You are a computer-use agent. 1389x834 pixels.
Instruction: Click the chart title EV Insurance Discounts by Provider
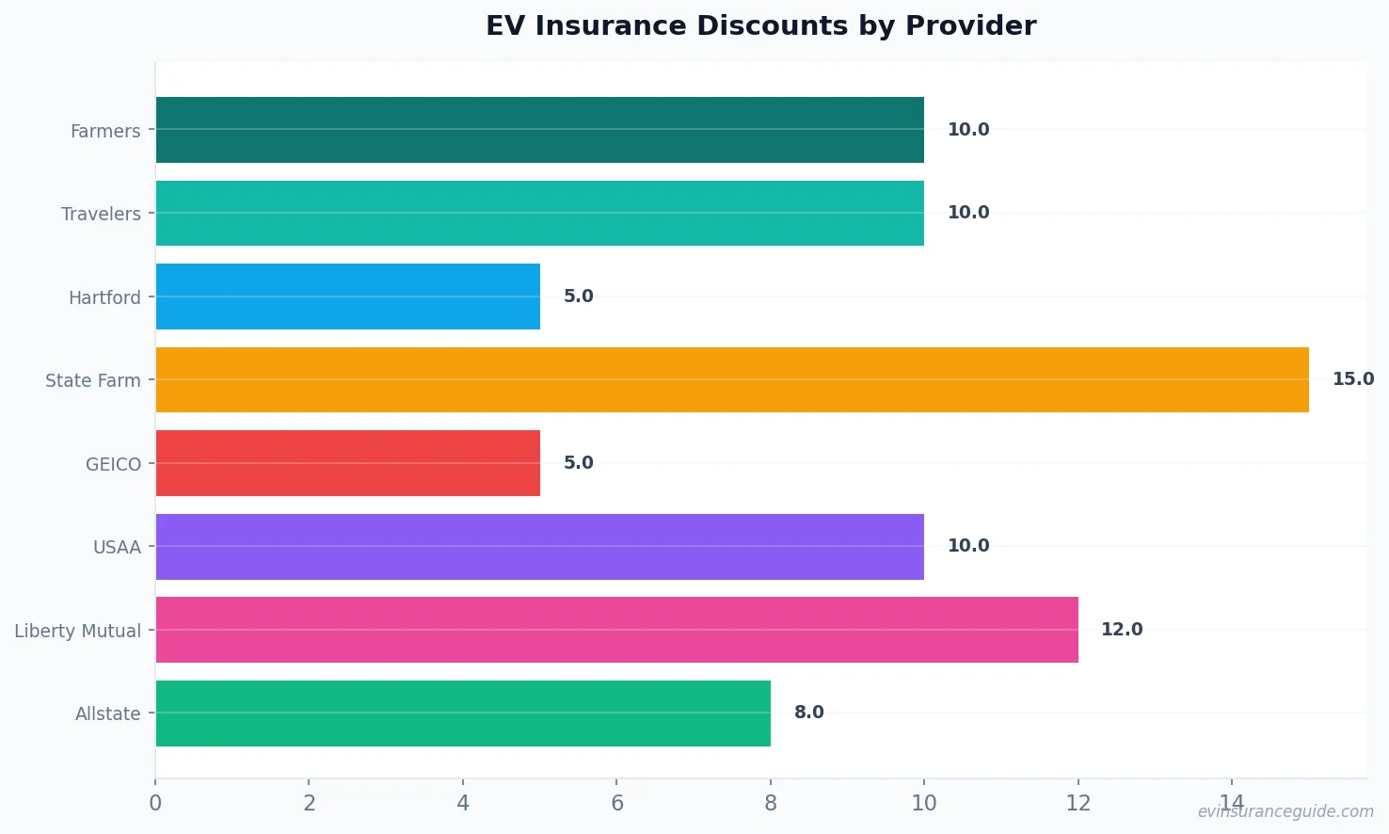[x=760, y=26]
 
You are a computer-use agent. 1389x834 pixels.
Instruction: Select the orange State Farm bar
[x=731, y=379]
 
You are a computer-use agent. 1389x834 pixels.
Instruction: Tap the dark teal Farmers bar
[x=539, y=130]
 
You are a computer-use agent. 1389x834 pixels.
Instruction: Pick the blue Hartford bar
[x=347, y=297]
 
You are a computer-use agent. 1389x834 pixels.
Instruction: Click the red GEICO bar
[x=347, y=463]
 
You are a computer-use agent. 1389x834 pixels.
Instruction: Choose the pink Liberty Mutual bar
[x=616, y=630]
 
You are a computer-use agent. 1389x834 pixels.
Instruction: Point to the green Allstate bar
[x=462, y=714]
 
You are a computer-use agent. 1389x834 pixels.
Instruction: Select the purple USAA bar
[x=539, y=547]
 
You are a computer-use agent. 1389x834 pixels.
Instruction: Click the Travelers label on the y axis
[x=101, y=215]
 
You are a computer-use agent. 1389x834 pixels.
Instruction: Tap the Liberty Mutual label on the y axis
[x=77, y=631]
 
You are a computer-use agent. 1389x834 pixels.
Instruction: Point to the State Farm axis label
[x=92, y=381]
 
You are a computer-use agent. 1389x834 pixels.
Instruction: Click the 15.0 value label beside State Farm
[x=1352, y=379]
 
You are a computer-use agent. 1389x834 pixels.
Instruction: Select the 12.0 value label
[x=1122, y=630]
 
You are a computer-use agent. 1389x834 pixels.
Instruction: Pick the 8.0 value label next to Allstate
[x=808, y=713]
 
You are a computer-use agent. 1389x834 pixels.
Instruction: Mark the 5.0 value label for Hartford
[x=578, y=297]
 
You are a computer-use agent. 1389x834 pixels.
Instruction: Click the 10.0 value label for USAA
[x=967, y=546]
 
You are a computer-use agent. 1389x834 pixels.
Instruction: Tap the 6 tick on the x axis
[x=616, y=803]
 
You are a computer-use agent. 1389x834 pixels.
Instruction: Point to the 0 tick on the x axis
[x=155, y=803]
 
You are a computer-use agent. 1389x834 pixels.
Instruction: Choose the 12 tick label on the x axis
[x=1078, y=803]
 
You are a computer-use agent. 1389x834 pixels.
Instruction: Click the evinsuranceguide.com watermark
[x=1285, y=811]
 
